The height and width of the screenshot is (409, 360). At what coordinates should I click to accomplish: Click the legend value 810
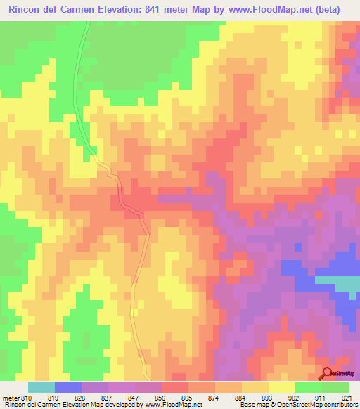click(27, 397)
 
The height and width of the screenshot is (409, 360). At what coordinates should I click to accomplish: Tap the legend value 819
click(53, 397)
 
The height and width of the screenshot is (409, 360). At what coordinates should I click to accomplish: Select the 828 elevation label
click(80, 397)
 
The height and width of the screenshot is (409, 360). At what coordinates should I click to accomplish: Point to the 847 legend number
click(134, 397)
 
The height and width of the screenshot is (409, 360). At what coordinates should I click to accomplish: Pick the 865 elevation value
click(187, 397)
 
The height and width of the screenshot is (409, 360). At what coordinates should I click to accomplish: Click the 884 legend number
click(240, 397)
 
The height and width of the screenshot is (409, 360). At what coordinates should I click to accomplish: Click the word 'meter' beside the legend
click(10, 397)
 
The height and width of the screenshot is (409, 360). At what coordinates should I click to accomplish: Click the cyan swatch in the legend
click(41, 387)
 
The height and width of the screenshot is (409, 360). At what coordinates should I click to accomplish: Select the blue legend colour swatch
click(68, 387)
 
